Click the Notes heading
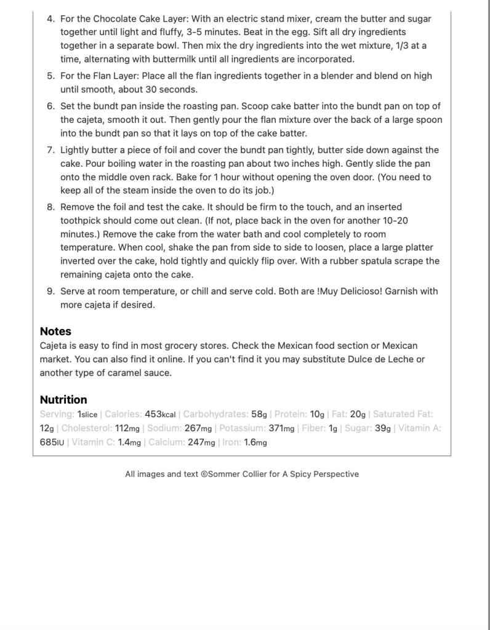(55, 331)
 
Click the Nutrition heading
(63, 399)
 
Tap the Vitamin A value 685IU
(52, 442)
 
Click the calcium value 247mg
(200, 442)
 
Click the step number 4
(50, 19)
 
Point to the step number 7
(50, 150)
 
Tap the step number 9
(50, 291)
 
